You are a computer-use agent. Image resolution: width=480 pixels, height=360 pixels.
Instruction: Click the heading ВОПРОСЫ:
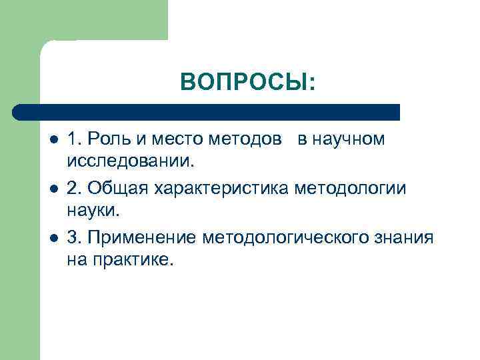247,82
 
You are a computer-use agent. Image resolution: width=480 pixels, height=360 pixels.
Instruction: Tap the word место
173,139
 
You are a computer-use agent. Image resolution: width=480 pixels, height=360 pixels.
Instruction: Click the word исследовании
131,161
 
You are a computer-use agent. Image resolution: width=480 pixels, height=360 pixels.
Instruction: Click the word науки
94,211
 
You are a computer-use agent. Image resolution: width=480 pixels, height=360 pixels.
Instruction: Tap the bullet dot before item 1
54,141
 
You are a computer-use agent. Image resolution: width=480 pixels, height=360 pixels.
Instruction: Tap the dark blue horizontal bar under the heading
207,112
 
